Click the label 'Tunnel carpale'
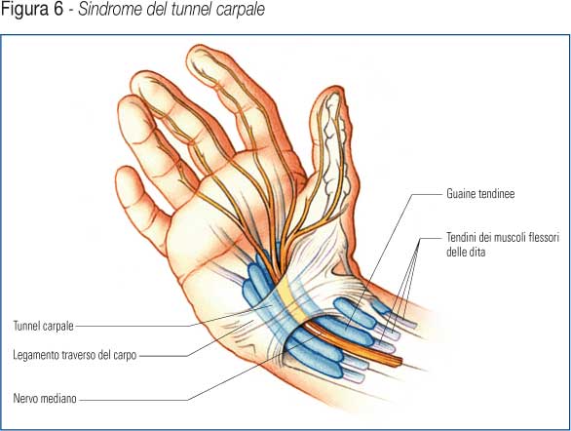(43, 326)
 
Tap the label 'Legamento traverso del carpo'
(75, 355)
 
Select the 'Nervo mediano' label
(45, 398)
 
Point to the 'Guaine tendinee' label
(480, 193)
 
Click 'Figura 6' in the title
(32, 10)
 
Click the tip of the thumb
(332, 89)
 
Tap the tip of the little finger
(124, 170)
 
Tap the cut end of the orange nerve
(400, 361)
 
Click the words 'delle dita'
(466, 252)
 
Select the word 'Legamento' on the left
(36, 355)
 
